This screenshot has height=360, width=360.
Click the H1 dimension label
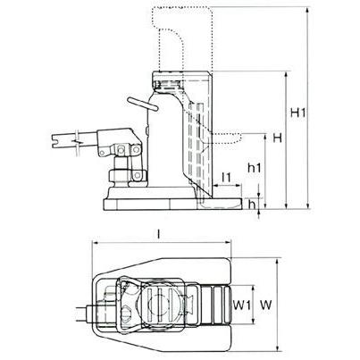pyautogui.click(x=297, y=113)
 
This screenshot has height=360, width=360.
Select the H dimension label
pyautogui.click(x=277, y=138)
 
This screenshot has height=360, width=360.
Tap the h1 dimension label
pyautogui.click(x=255, y=168)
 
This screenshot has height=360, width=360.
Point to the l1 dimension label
pyautogui.click(x=227, y=178)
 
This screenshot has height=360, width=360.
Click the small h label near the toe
pyautogui.click(x=252, y=204)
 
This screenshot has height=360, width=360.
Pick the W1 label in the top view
pyautogui.click(x=242, y=305)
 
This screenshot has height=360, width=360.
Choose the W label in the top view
pyautogui.click(x=266, y=305)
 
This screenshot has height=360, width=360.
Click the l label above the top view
pyautogui.click(x=159, y=235)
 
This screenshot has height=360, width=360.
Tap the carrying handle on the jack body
pyautogui.click(x=142, y=104)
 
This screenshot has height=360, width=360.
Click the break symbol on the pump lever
pyautogui.click(x=77, y=141)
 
